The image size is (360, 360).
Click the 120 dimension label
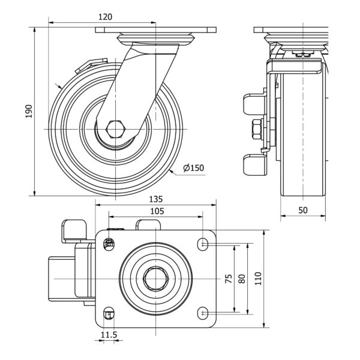[x=105, y=17]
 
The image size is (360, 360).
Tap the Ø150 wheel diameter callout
[x=193, y=167]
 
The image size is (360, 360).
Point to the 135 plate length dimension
[x=155, y=199]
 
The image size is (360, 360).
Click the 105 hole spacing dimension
[x=155, y=211]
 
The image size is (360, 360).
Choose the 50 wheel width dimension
[x=303, y=209]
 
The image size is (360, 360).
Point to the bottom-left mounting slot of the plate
[x=109, y=313]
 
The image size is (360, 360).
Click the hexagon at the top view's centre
[x=156, y=278]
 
